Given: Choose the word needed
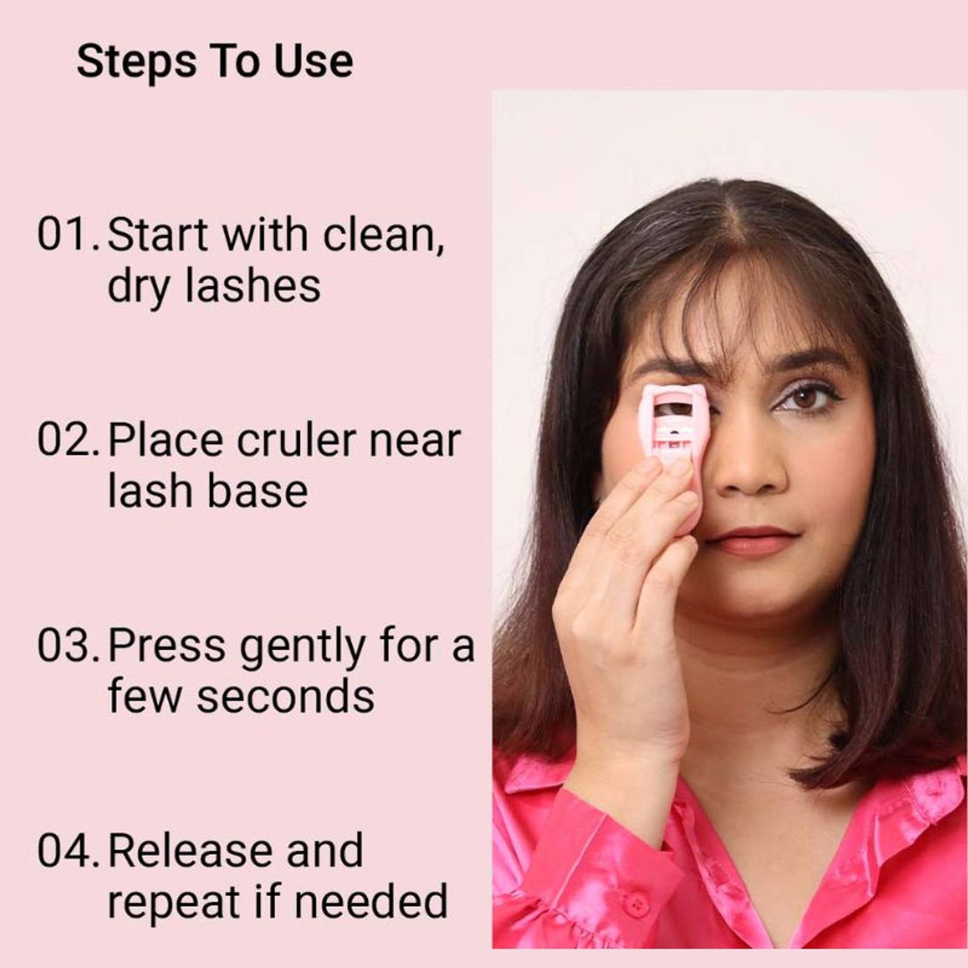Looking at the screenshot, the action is [x=370, y=902].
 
